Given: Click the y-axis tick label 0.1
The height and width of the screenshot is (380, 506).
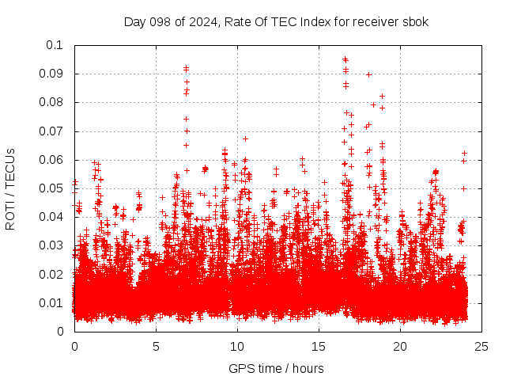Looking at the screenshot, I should click(55, 45).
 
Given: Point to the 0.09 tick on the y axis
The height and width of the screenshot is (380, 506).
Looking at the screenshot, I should click(52, 74).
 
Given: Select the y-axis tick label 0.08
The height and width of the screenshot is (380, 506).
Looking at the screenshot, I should click(52, 102).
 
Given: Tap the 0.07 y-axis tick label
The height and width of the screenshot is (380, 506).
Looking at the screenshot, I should click(52, 131).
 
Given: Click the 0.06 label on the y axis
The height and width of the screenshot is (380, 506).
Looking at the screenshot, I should click(52, 159).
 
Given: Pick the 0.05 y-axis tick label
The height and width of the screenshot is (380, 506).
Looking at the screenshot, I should click(52, 188).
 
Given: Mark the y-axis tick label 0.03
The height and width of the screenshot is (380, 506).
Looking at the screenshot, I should click(52, 245).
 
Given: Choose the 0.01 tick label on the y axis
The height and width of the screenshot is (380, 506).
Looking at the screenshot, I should click(52, 302).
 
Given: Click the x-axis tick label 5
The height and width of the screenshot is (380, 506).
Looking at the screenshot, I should click(156, 346).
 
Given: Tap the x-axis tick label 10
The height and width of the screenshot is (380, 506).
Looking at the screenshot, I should click(237, 346).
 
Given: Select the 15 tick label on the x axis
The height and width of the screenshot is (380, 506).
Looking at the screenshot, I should click(319, 346).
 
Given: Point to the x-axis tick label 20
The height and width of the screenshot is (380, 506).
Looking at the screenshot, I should click(400, 346).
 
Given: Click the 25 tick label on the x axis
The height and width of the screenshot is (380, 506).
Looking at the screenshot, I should click(481, 346).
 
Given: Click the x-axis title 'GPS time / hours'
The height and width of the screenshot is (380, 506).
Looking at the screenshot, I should click(276, 368).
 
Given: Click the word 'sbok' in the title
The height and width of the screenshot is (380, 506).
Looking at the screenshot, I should click(414, 21).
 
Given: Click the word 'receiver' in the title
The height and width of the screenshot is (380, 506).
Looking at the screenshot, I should click(373, 21).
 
